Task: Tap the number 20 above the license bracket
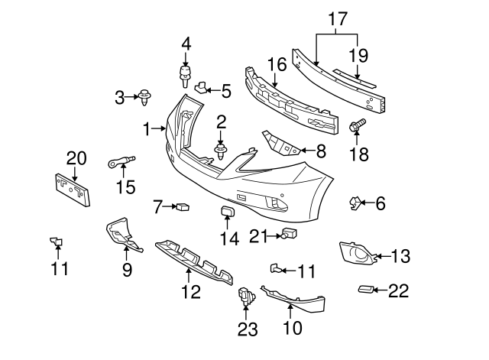point(76,158)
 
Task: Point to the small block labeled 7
point(183,206)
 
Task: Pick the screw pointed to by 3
point(144,96)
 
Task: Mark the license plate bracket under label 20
point(73,190)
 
